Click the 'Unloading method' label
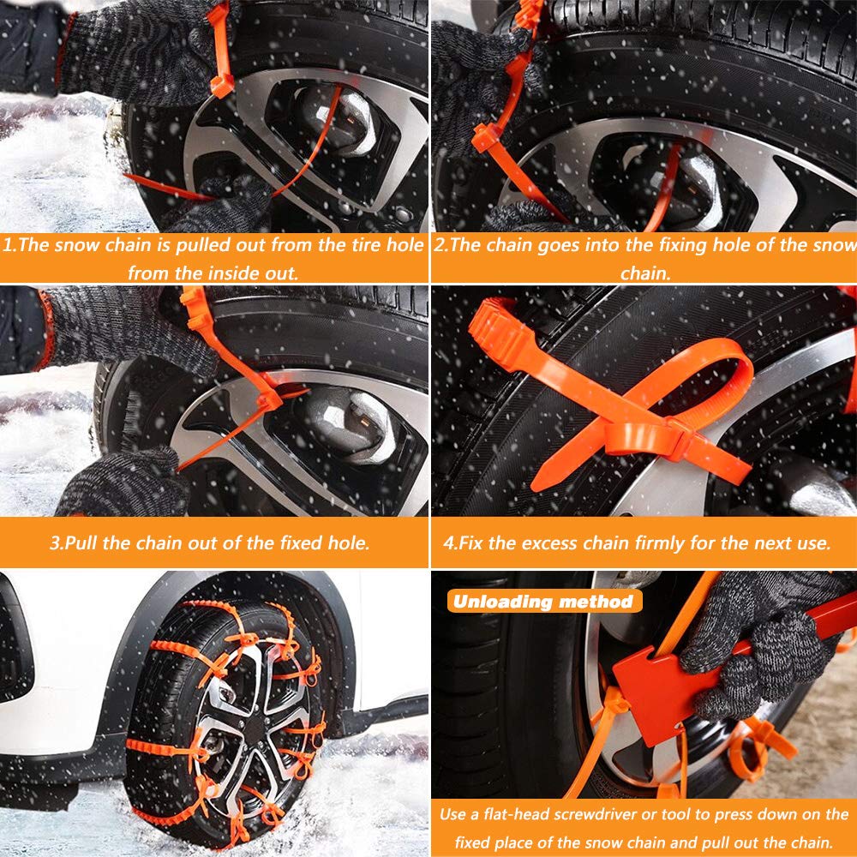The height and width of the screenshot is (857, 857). [x=543, y=601]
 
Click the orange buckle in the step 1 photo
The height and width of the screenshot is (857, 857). [x=222, y=84]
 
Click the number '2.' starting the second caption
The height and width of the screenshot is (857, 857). [x=442, y=245]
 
